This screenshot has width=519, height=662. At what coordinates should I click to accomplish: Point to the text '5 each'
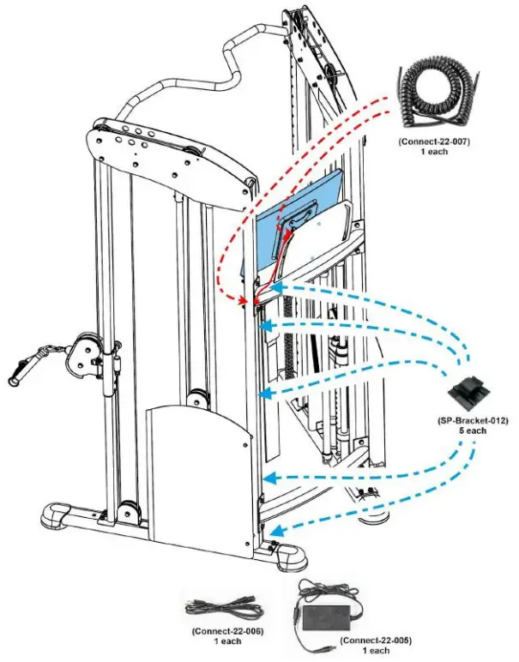pos(469,430)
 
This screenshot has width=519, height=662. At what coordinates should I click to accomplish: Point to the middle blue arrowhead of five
pos(265,394)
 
